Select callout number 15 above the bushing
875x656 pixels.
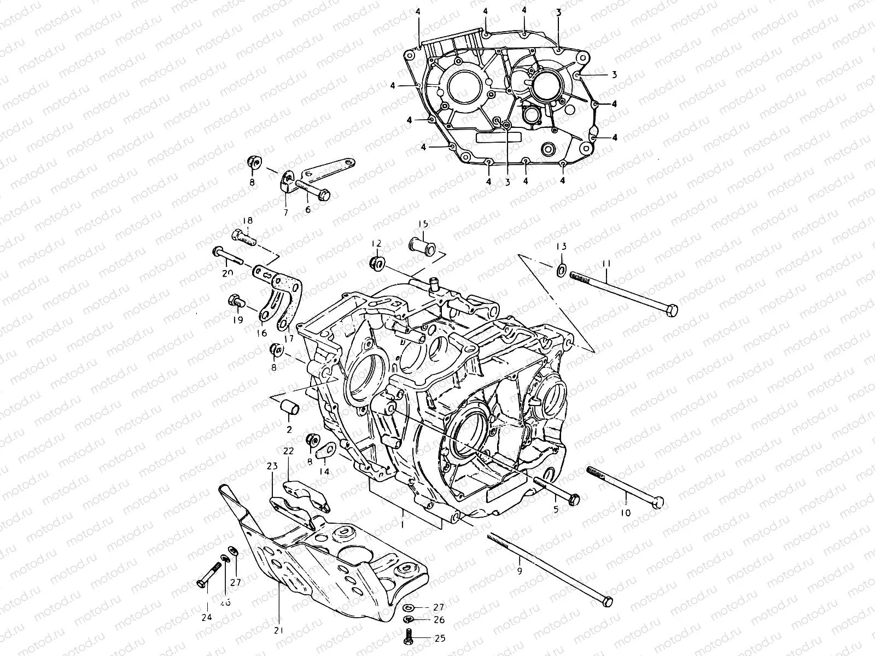pyautogui.click(x=423, y=224)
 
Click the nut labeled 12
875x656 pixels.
pyautogui.click(x=376, y=263)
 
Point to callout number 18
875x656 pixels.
pyautogui.click(x=248, y=220)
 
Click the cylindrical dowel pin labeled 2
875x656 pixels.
pyautogui.click(x=290, y=408)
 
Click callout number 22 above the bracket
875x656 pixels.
pyautogui.click(x=288, y=450)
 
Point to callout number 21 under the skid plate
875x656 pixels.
pyautogui.click(x=279, y=630)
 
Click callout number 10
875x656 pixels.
pyautogui.click(x=626, y=512)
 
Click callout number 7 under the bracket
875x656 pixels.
pyautogui.click(x=285, y=211)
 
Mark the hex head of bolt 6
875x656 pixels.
pyautogui.click(x=324, y=194)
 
